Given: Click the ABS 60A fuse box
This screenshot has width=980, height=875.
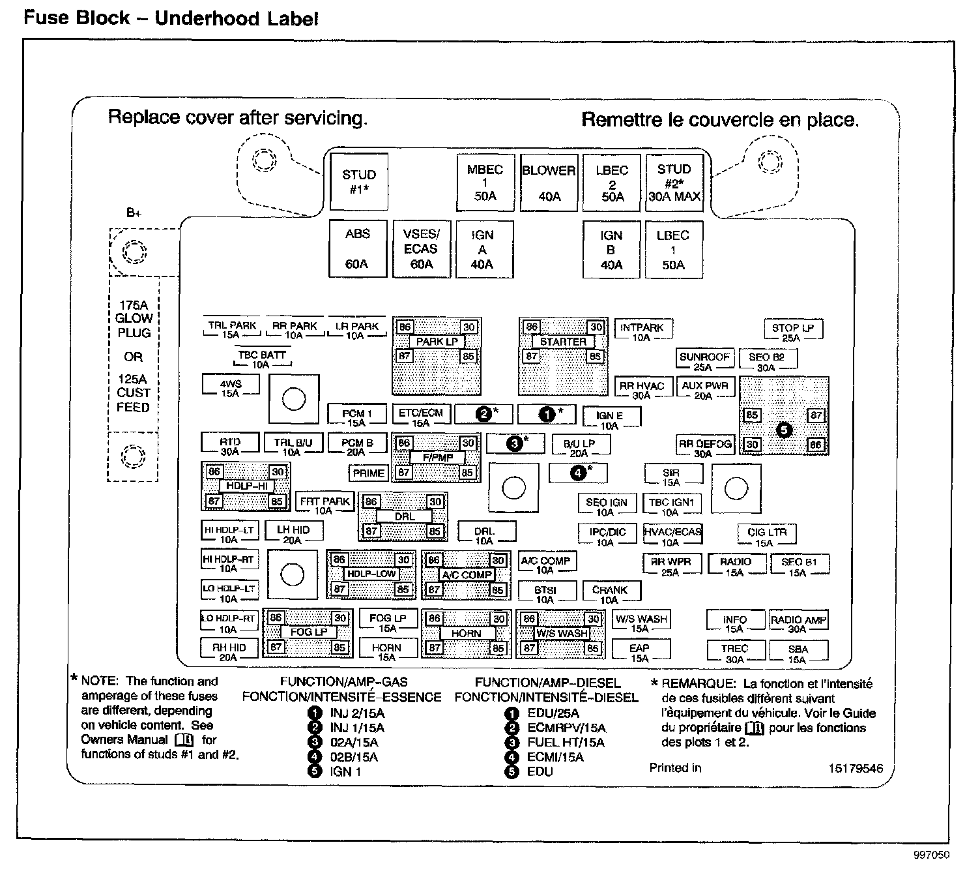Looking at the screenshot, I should tap(357, 248).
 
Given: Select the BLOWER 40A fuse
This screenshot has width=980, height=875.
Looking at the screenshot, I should tap(549, 183).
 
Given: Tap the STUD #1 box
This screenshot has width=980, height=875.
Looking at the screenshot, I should tap(359, 182).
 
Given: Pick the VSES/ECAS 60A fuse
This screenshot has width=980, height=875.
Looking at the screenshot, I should tap(421, 249).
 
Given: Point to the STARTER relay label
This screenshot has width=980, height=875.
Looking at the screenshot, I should tap(563, 342).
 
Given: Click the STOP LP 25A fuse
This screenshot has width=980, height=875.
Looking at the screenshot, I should tap(792, 332).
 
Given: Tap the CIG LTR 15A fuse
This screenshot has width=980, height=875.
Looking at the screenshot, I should tap(767, 537).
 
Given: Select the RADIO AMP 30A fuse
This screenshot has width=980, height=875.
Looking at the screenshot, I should tap(798, 624).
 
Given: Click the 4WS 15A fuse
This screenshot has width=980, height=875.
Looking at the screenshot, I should tap(231, 389).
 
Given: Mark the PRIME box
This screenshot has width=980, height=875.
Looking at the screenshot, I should tap(368, 473).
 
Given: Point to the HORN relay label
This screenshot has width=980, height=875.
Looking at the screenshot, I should tap(466, 633).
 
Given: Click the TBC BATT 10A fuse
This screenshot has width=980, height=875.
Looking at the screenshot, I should tap(261, 359).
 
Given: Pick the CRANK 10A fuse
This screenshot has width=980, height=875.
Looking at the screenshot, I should tap(610, 594).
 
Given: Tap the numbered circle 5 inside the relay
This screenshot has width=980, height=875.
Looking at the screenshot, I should tap(784, 430).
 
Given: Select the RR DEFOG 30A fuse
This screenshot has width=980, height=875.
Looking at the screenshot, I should tap(704, 448).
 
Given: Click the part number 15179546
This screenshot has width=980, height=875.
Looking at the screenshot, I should tap(856, 768).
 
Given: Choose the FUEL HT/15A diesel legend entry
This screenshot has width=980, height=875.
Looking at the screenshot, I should tap(566, 743).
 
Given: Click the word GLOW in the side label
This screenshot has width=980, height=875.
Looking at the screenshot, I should tap(134, 318).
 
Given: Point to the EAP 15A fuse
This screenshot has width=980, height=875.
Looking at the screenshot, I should tap(639, 652).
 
